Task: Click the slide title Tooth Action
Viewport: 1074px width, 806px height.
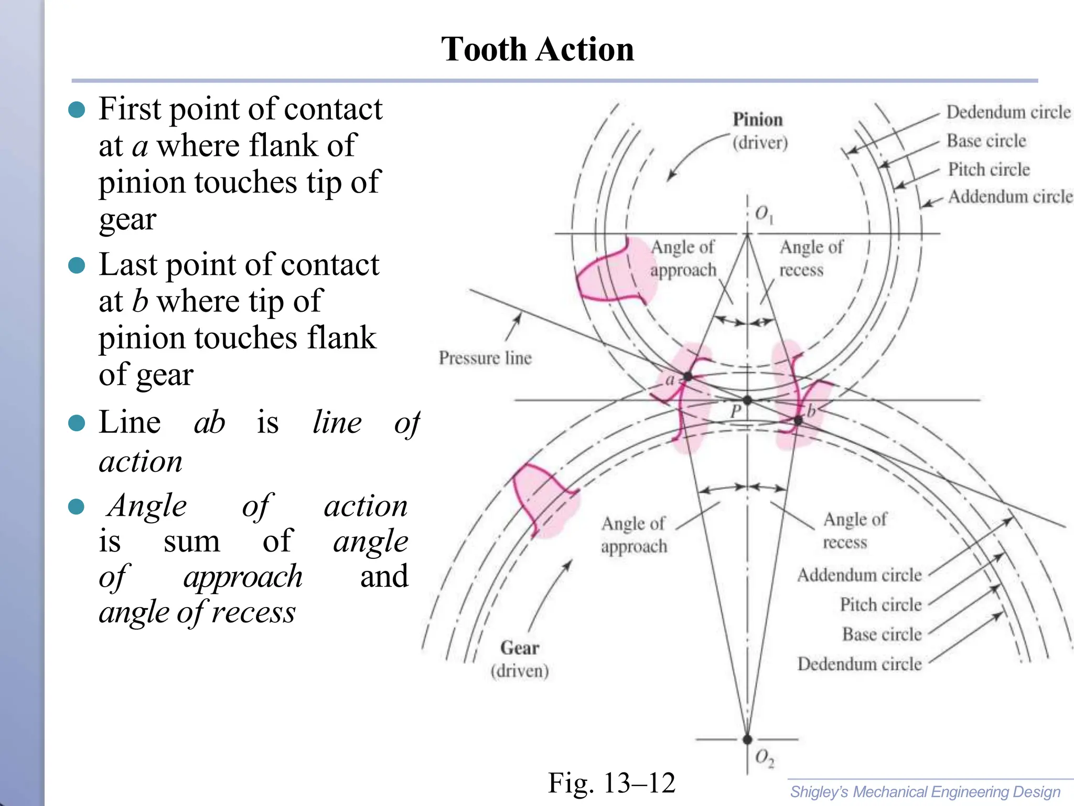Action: pos(537,49)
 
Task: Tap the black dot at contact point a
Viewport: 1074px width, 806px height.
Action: pos(688,376)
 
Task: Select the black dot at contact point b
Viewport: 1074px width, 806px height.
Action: pos(798,420)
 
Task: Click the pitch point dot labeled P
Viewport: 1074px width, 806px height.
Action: pos(748,400)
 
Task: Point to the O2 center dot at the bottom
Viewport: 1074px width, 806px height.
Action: pos(748,739)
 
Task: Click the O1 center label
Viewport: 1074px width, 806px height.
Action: pos(764,214)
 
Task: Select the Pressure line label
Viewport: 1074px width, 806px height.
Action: pos(485,358)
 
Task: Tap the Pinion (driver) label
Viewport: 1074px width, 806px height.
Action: pos(759,131)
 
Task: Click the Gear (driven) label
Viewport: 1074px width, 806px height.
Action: pos(520,659)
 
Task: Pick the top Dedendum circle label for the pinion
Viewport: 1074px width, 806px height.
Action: pos(1008,112)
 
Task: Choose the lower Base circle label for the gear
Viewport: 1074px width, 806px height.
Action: pos(882,634)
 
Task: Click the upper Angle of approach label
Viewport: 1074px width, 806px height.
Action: pos(683,258)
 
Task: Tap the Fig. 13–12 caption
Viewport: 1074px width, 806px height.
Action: pos(611,783)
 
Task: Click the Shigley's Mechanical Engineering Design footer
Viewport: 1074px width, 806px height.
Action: pos(925,792)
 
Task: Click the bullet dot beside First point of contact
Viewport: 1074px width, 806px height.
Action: pos(77,110)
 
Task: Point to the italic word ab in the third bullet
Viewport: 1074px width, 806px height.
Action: pos(209,422)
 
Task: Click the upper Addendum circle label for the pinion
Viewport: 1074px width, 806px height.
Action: pos(1010,197)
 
